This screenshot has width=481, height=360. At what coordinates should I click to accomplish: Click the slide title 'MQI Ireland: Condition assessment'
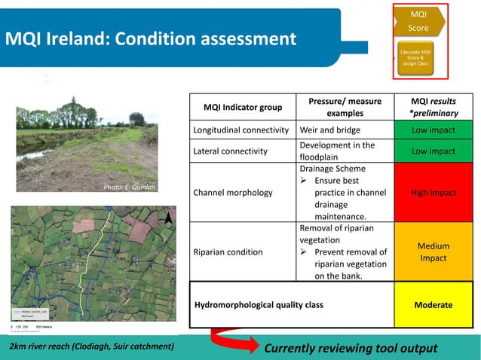point(152,38)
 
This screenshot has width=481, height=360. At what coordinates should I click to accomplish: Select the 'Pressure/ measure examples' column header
point(345,107)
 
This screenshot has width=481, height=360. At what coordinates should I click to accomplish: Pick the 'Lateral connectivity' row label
point(231,151)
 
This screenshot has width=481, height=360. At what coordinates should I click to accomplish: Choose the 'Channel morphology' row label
point(233,192)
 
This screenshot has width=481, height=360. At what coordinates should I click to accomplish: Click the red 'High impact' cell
point(433,192)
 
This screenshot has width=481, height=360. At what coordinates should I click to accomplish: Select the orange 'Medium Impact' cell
point(433,252)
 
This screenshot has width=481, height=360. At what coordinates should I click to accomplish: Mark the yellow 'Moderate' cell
point(433,305)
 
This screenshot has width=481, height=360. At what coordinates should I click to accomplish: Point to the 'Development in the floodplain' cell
point(337,151)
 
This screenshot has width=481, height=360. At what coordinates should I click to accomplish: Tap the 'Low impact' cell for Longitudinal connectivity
point(433,129)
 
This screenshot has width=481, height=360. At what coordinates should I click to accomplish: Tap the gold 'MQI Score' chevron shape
point(418,21)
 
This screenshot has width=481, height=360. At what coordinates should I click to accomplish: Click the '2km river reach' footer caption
point(91,346)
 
